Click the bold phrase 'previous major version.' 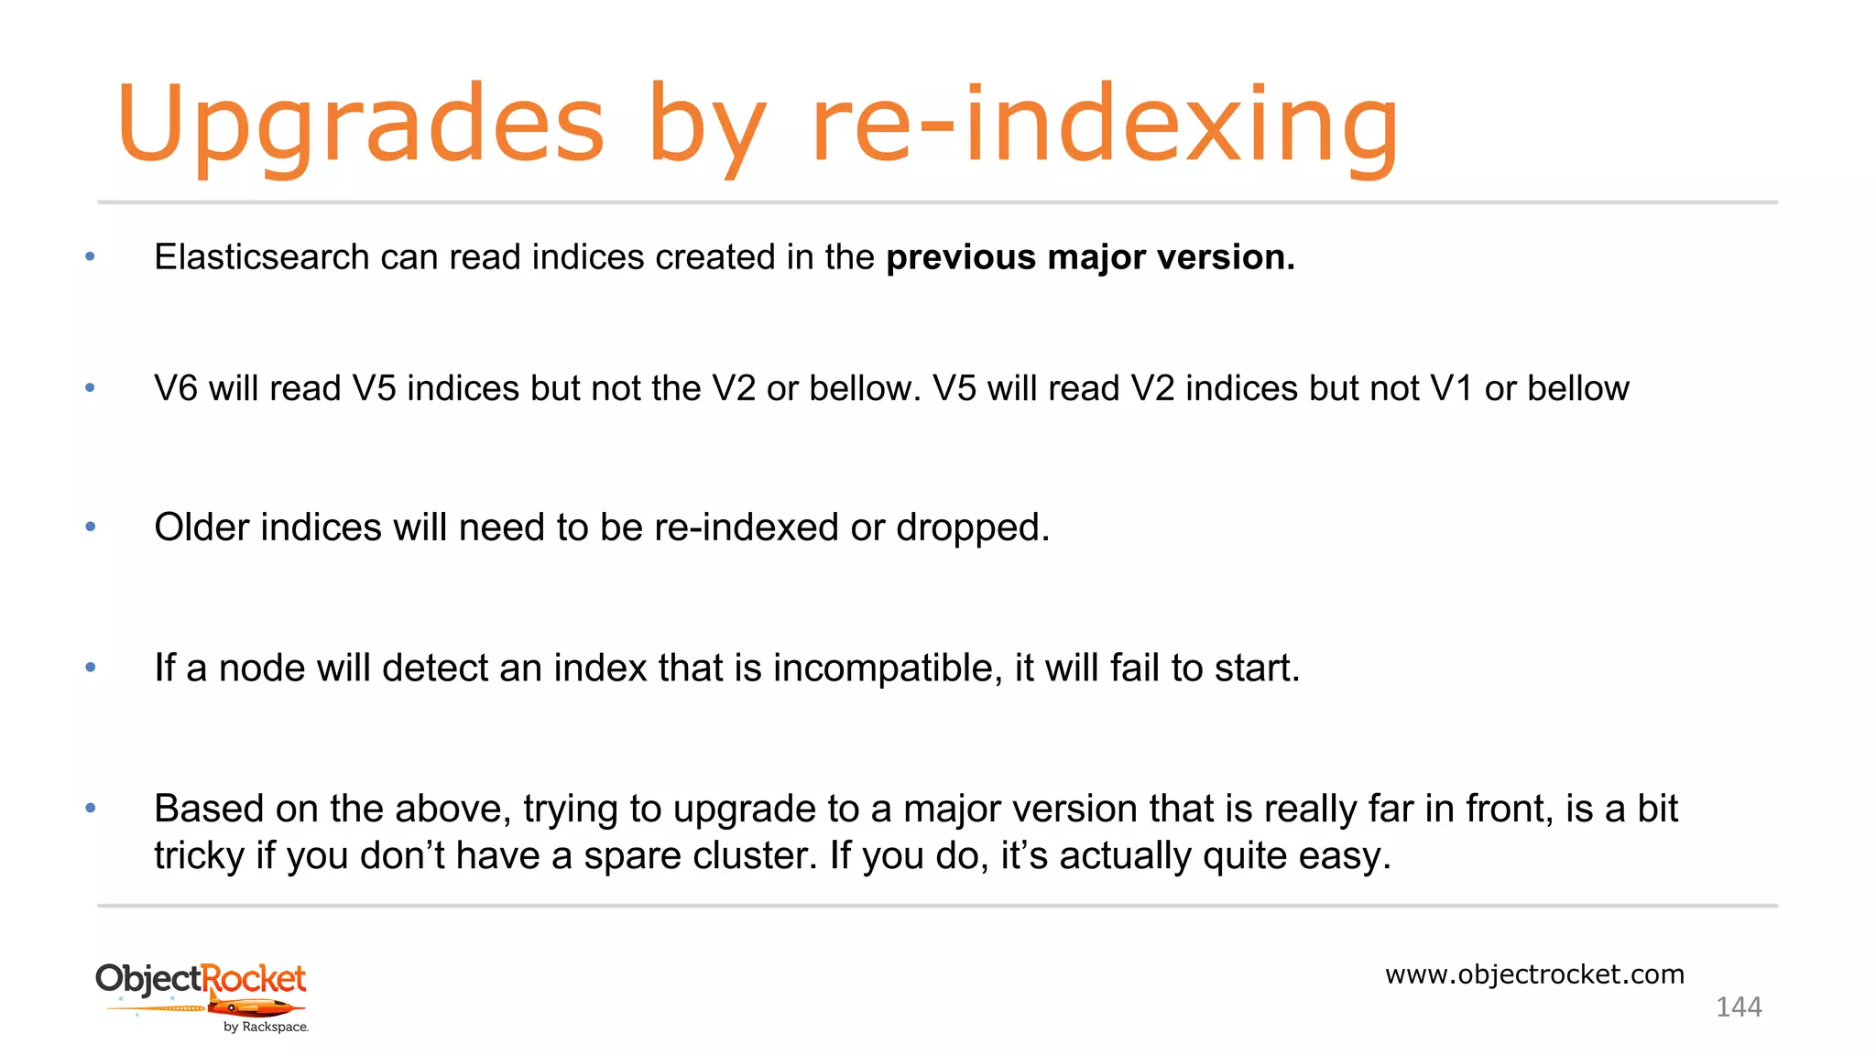click(1090, 257)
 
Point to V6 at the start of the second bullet click(176, 388)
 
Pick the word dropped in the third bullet click(972, 527)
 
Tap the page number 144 click(1739, 1007)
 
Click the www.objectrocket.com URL click(1534, 974)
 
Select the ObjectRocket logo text click(201, 979)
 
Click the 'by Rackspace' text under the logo click(266, 1028)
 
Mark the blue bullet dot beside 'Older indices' click(91, 527)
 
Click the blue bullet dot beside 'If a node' click(91, 668)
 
